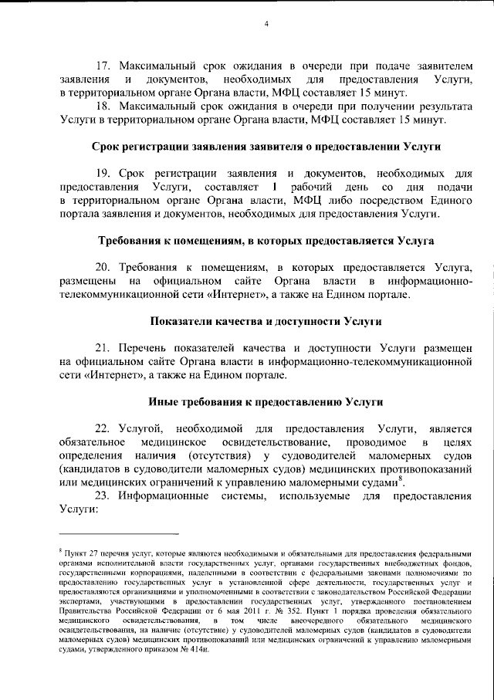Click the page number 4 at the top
click(266, 23)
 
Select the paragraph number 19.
click(102, 176)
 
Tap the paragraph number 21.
click(102, 347)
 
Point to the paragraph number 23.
click(102, 495)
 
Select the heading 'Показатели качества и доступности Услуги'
click(264, 320)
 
